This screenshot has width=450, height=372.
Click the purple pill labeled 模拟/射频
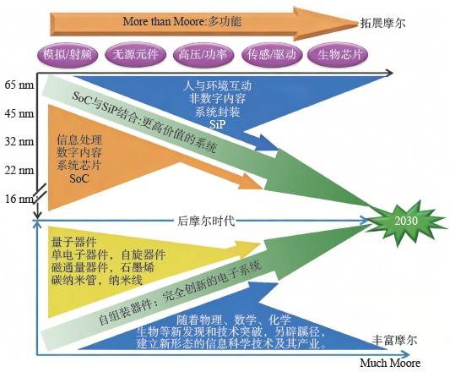coord(68,55)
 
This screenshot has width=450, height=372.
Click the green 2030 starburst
coord(404,218)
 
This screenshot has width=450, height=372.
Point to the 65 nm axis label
coord(19,85)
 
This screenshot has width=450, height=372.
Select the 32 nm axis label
coord(19,142)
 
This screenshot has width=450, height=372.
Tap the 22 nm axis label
coord(19,171)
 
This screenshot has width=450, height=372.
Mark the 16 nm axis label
coord(19,199)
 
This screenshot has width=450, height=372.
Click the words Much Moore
coord(389,363)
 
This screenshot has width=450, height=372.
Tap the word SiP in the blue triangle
coord(217,123)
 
